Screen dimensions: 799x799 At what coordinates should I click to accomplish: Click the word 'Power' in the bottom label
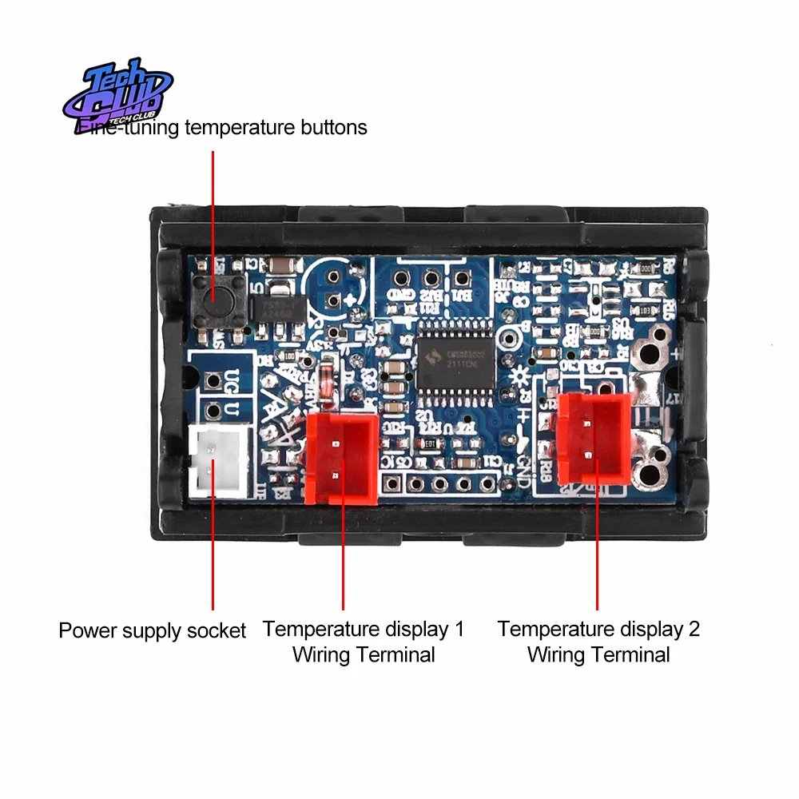(88, 630)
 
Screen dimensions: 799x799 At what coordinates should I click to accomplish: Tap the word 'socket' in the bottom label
(216, 630)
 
